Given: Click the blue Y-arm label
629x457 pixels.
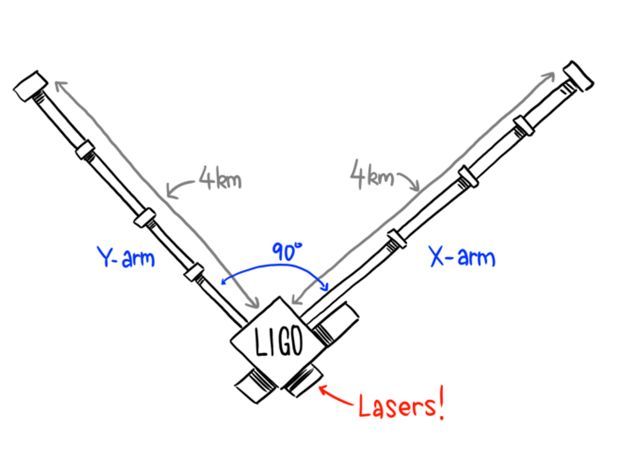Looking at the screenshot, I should (x=126, y=258).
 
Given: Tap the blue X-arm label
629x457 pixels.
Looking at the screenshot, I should (x=461, y=258).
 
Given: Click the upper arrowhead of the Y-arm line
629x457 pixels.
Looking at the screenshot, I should (x=58, y=85).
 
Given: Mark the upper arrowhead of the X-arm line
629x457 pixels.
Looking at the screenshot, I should (x=549, y=76).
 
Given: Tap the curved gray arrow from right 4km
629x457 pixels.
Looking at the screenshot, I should (x=409, y=181).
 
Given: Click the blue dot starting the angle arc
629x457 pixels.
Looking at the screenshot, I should (x=223, y=281).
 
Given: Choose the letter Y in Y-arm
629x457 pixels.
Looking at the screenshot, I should (x=105, y=257).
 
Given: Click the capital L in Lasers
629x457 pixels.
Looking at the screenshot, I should (x=365, y=406).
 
